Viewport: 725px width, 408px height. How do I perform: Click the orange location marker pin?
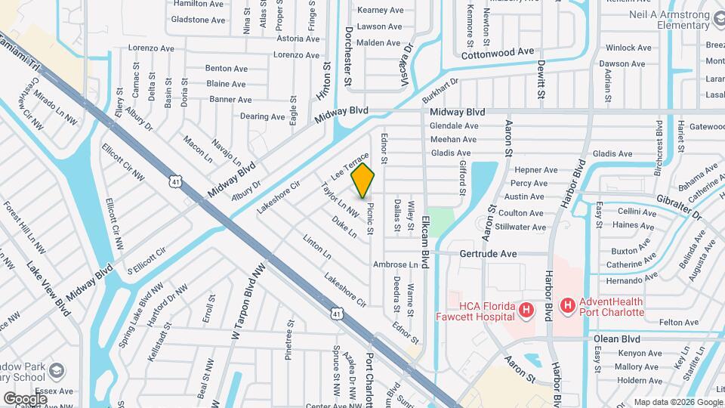[x=363, y=180]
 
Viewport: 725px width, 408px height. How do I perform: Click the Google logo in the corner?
[x=25, y=398]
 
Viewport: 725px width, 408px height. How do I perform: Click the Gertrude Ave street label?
[x=488, y=254]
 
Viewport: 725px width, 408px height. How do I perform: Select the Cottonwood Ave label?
[x=498, y=52]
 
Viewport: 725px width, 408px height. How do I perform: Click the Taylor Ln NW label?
[x=339, y=199]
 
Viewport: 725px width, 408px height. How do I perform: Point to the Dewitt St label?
[x=541, y=81]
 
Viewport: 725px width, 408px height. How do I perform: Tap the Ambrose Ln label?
[x=395, y=265]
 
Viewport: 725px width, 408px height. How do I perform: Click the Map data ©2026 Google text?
[x=677, y=402]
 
